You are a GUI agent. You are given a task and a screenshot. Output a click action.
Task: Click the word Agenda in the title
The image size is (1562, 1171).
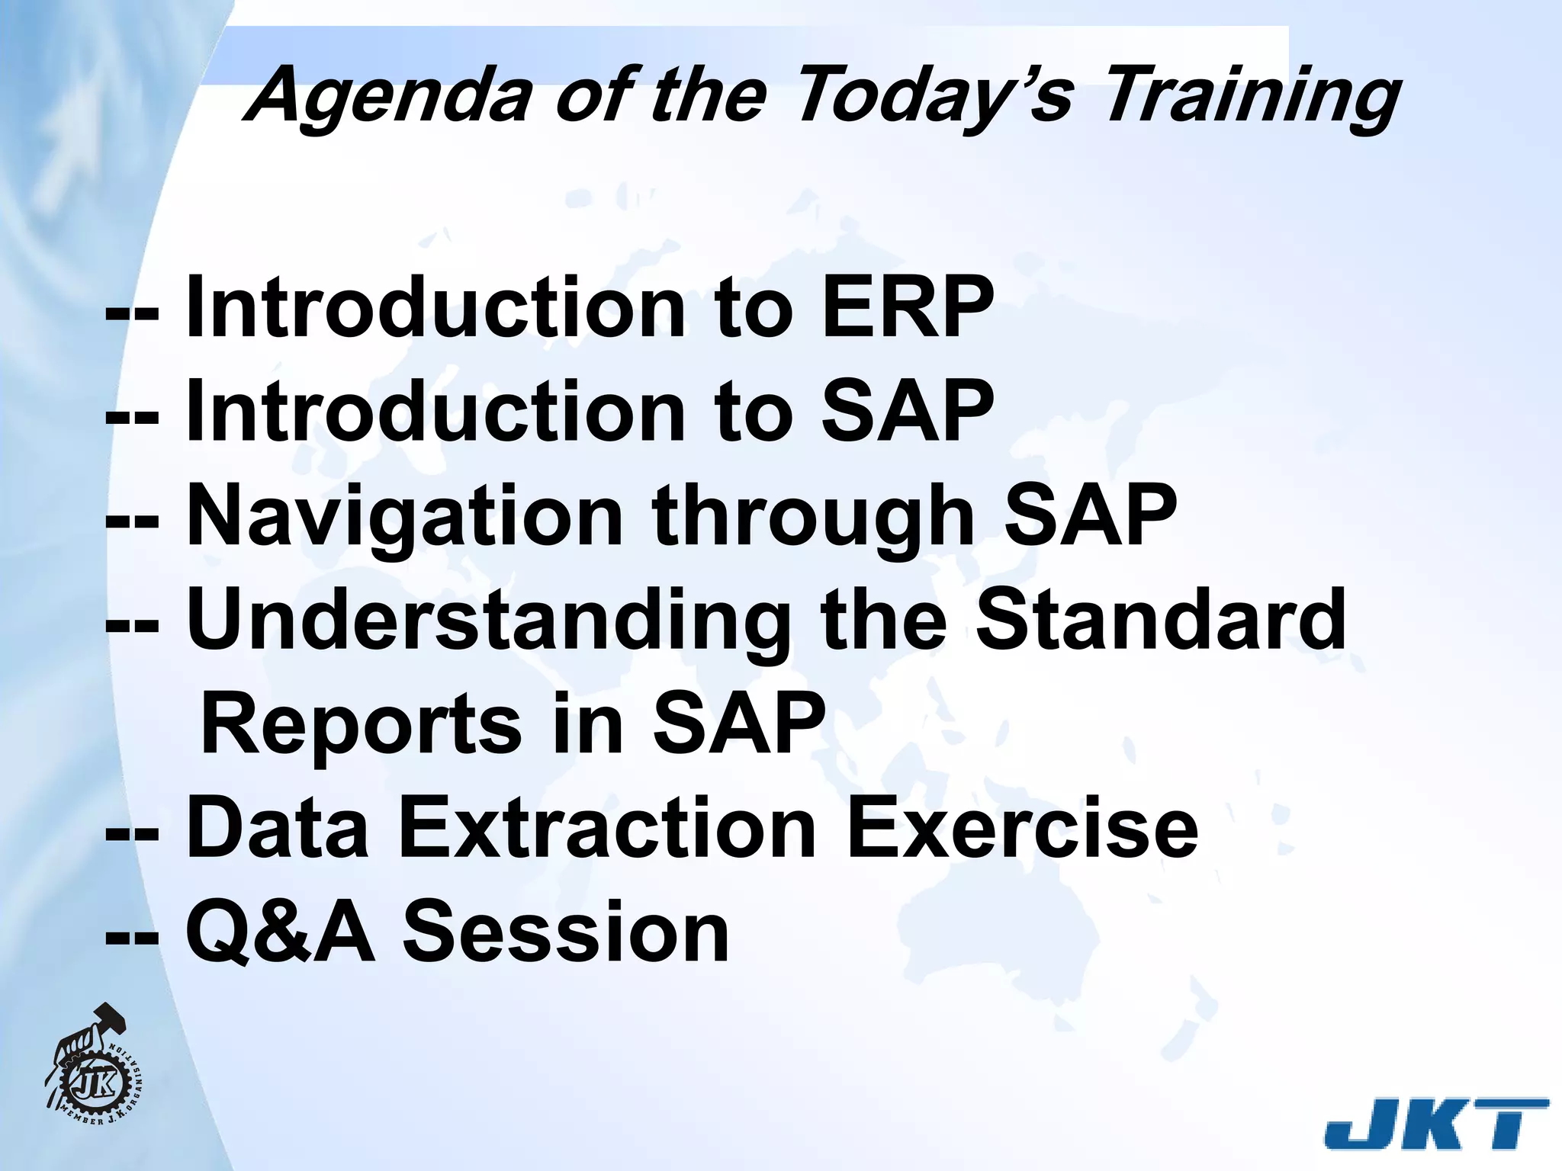[x=389, y=95]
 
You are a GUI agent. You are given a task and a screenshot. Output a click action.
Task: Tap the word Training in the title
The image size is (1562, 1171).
[x=1251, y=95]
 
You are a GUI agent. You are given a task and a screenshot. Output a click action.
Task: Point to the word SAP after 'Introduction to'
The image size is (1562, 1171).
[x=908, y=412]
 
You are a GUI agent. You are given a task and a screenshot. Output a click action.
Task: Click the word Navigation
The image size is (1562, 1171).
[x=404, y=517]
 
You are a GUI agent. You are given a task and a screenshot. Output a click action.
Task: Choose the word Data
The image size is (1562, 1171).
[x=278, y=828]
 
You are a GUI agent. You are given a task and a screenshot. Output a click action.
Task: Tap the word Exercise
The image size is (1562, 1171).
[x=1022, y=828]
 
